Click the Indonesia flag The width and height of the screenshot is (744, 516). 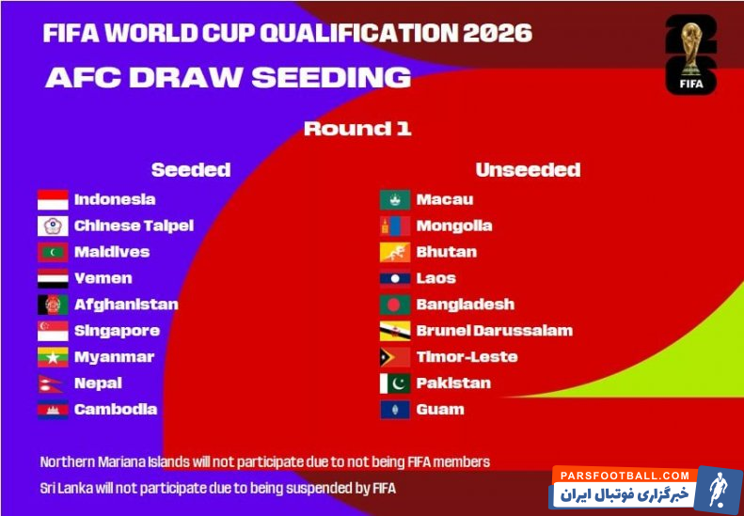(x=53, y=199)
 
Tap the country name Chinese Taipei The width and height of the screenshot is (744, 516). (x=134, y=226)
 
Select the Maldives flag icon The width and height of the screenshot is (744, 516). (x=53, y=252)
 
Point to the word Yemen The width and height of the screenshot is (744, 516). (x=103, y=278)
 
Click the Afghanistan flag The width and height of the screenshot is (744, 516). (x=53, y=305)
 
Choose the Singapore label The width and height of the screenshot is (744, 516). (x=117, y=331)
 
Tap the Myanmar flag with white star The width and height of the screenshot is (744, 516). (x=53, y=357)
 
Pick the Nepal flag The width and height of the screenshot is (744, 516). (x=50, y=383)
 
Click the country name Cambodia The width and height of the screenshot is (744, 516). (x=116, y=409)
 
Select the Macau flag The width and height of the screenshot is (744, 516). (x=395, y=199)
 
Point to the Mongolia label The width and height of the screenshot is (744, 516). (x=454, y=227)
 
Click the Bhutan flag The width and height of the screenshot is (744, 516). (x=395, y=252)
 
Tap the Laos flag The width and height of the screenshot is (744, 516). (x=395, y=278)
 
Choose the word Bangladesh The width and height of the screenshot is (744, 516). (x=465, y=305)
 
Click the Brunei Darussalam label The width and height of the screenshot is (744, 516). (x=495, y=331)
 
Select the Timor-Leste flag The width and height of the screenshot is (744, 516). (x=395, y=357)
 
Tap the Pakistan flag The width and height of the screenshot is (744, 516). (x=395, y=383)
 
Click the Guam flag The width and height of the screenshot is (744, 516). (x=395, y=410)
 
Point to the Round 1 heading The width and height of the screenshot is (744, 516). (x=357, y=129)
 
